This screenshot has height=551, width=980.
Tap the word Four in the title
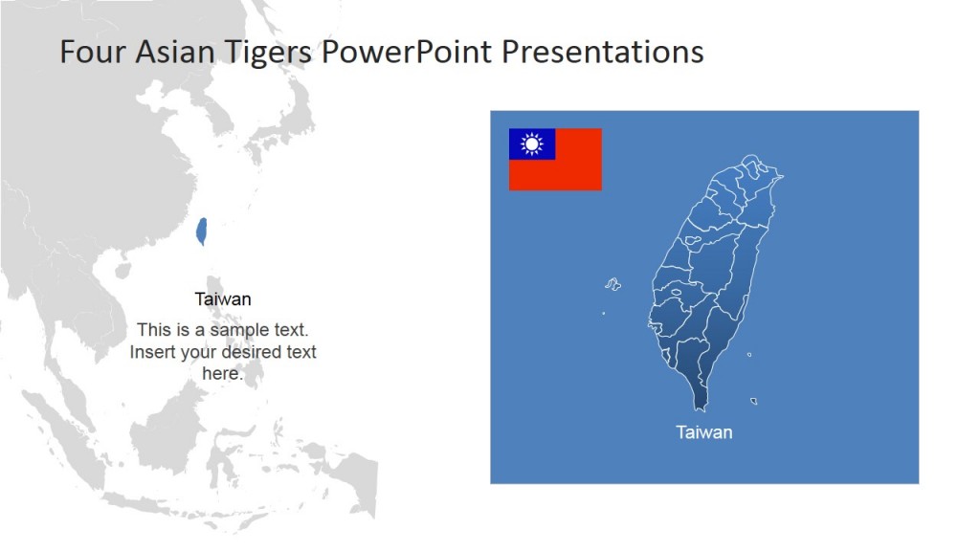click(93, 52)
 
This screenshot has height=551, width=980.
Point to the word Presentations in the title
click(603, 52)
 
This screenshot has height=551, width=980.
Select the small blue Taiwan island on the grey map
click(202, 231)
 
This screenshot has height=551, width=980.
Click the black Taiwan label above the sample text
click(223, 299)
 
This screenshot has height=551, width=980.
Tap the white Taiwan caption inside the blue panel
click(703, 432)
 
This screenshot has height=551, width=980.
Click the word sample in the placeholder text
click(243, 330)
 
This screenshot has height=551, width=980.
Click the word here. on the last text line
click(223, 374)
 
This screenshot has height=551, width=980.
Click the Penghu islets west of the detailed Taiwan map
click(612, 284)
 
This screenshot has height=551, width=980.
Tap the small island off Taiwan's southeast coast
click(754, 401)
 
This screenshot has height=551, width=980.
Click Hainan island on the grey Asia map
click(122, 271)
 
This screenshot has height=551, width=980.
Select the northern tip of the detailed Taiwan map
click(752, 158)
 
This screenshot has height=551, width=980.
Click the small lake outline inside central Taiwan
click(676, 293)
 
